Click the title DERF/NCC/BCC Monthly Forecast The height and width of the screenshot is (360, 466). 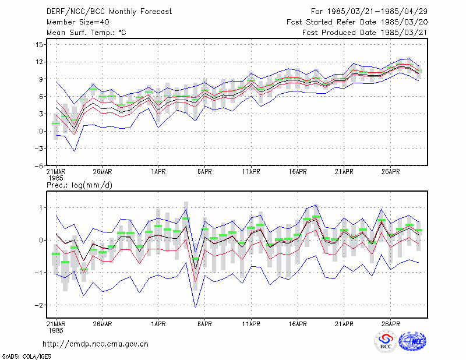(x=109, y=12)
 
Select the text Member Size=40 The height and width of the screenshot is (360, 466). (x=78, y=22)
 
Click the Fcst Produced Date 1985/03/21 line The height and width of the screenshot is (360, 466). (x=365, y=33)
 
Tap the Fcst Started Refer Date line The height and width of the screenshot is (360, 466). (x=357, y=22)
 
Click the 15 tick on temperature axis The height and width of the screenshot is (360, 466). (x=39, y=45)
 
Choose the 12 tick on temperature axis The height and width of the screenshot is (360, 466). (x=39, y=62)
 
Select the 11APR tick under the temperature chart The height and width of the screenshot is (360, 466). (x=251, y=172)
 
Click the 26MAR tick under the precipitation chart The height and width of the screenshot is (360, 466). (x=103, y=324)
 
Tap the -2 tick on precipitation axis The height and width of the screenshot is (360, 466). (x=38, y=305)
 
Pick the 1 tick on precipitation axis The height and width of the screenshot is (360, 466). (x=41, y=208)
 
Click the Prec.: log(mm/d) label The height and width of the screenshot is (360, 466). (x=79, y=185)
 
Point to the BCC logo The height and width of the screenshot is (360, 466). (x=386, y=342)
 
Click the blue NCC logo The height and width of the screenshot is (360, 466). (x=412, y=341)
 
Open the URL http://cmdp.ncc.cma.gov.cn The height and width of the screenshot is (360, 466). (x=96, y=344)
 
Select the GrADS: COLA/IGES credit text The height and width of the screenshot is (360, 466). (x=26, y=357)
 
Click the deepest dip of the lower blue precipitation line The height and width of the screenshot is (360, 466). (x=195, y=307)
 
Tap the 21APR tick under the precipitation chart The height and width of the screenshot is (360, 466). (x=344, y=324)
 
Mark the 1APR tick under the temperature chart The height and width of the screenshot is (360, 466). (x=158, y=172)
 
